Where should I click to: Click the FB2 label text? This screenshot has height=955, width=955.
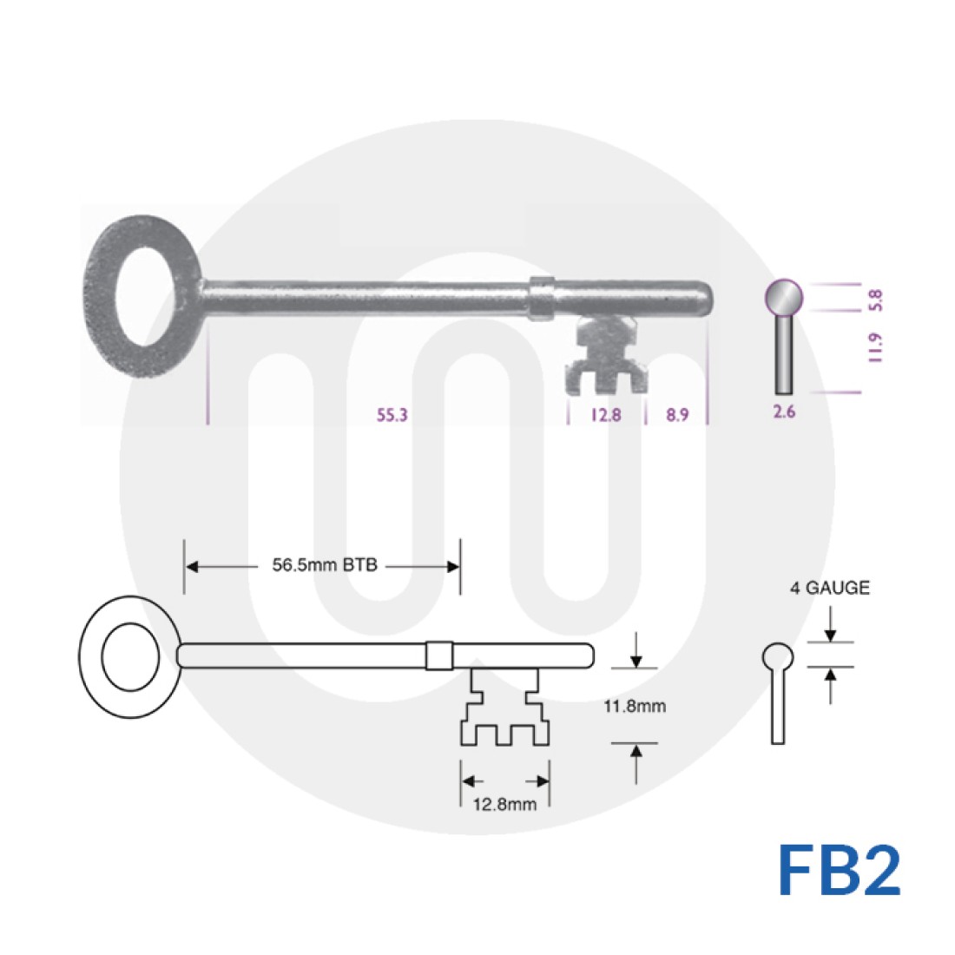click(x=839, y=871)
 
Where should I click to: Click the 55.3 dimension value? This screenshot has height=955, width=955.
click(x=392, y=415)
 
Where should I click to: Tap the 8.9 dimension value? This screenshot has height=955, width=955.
click(x=677, y=415)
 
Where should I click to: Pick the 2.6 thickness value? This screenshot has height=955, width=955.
click(x=784, y=412)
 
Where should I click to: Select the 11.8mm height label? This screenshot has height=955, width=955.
click(x=635, y=706)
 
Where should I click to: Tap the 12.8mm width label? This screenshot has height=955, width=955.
click(x=504, y=804)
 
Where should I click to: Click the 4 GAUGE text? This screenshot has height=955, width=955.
click(x=829, y=588)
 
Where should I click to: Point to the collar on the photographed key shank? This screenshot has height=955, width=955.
click(x=541, y=295)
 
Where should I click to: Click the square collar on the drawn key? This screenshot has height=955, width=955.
click(x=438, y=655)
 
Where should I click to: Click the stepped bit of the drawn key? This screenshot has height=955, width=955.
click(x=504, y=708)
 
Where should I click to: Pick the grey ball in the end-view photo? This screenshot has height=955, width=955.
click(x=783, y=297)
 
